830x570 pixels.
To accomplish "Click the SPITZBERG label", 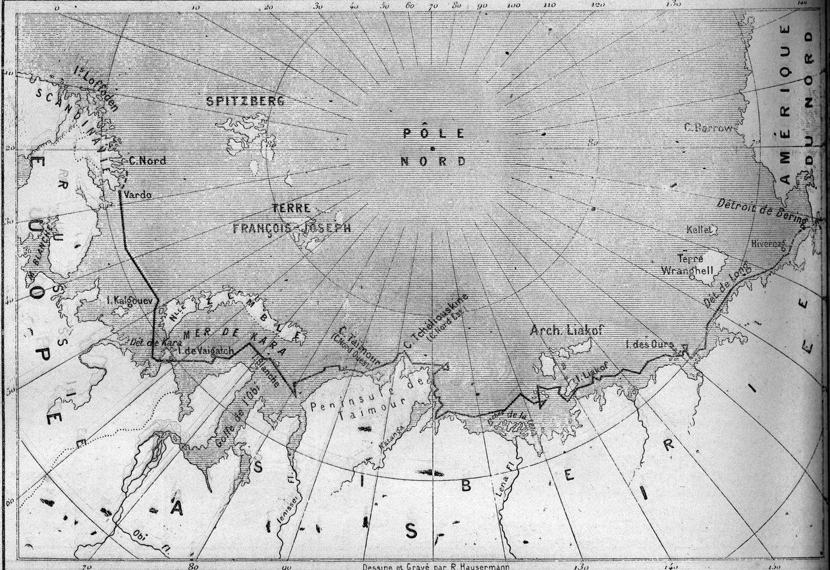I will [244, 101].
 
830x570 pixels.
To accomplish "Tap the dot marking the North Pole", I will [432, 148].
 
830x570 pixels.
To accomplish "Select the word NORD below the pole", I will [433, 161].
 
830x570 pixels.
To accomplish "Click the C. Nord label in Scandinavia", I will [146, 160].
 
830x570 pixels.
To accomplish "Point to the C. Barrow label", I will [708, 128].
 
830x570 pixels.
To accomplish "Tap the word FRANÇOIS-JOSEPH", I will [290, 228].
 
